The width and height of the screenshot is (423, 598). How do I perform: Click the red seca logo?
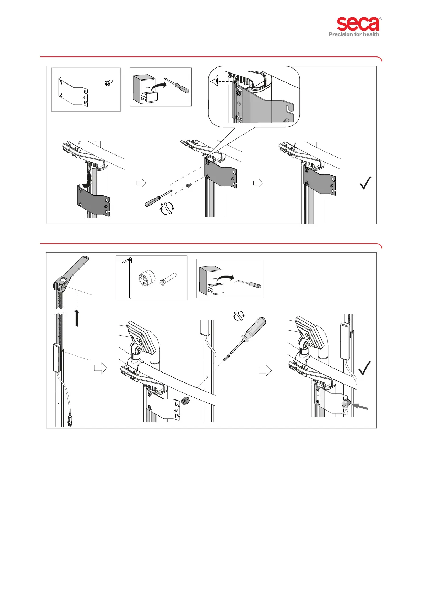click(358, 24)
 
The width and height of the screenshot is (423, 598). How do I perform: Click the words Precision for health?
click(354, 34)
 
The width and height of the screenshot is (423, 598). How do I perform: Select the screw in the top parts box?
click(109, 83)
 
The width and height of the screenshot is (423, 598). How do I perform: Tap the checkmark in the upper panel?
click(366, 183)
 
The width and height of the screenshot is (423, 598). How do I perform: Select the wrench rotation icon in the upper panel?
click(167, 208)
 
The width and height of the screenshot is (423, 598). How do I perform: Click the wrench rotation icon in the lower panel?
click(239, 315)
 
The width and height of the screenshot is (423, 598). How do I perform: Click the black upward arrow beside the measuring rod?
click(76, 317)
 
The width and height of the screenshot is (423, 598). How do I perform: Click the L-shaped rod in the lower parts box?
click(129, 278)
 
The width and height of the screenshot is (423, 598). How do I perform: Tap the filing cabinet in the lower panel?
click(211, 279)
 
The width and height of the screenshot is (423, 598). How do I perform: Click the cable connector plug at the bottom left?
click(69, 420)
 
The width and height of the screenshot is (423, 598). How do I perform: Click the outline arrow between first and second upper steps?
click(141, 183)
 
